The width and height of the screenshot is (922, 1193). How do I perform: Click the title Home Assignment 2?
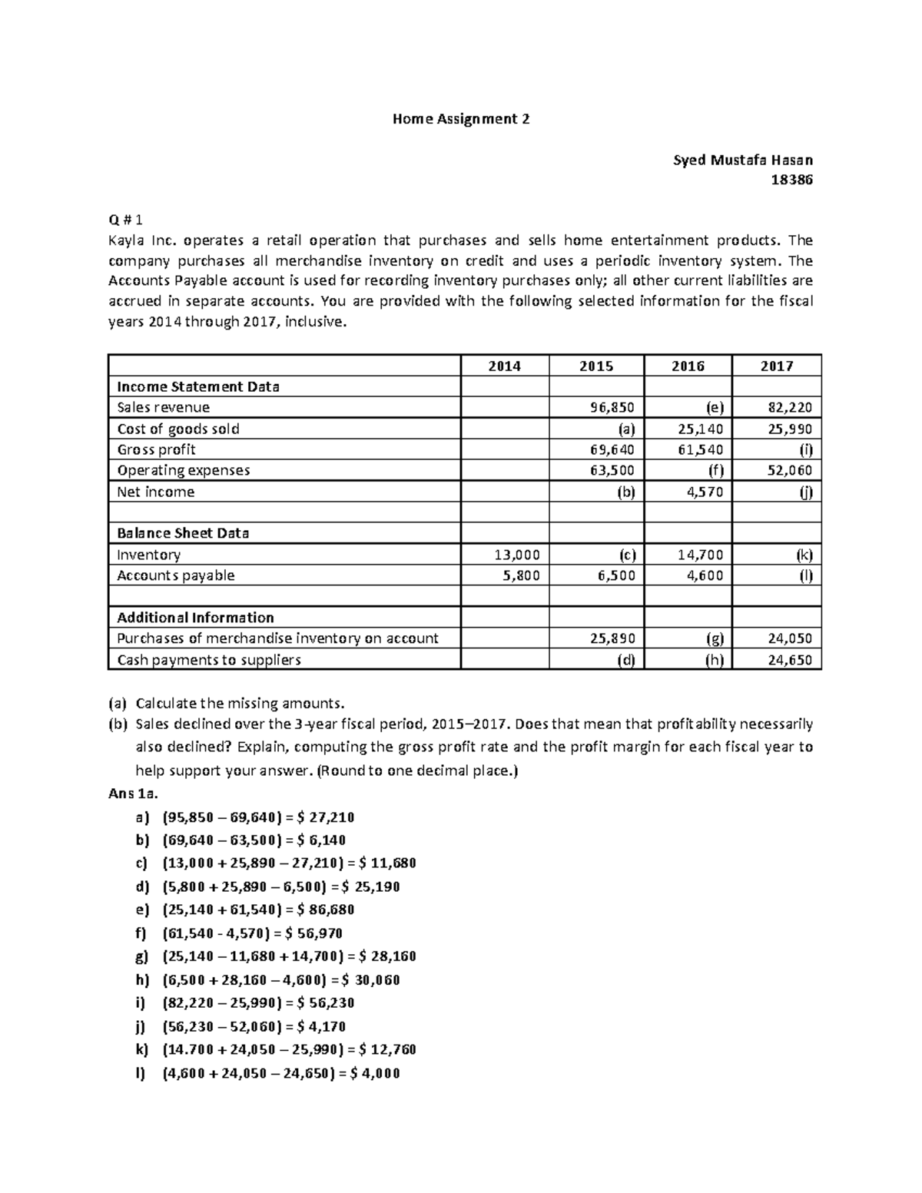point(460,119)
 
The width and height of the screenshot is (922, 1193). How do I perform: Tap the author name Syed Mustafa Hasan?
point(742,160)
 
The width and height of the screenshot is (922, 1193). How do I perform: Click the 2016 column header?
point(688,366)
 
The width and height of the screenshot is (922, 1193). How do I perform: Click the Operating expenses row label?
point(183,470)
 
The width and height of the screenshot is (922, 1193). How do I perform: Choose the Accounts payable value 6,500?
point(615,575)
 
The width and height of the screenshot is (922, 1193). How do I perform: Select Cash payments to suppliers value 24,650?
point(789,660)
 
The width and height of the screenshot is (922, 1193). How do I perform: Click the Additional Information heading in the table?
point(195,618)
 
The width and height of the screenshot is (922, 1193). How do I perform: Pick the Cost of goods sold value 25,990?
point(789,429)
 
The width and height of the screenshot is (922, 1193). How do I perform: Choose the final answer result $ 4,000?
point(374,1074)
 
